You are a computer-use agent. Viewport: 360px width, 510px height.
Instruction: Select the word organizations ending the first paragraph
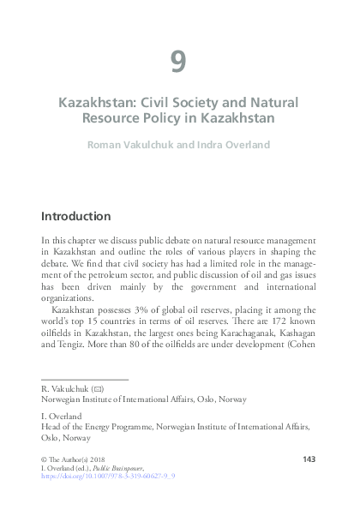point(69,298)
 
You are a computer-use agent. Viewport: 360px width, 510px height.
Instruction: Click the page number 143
point(310,460)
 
